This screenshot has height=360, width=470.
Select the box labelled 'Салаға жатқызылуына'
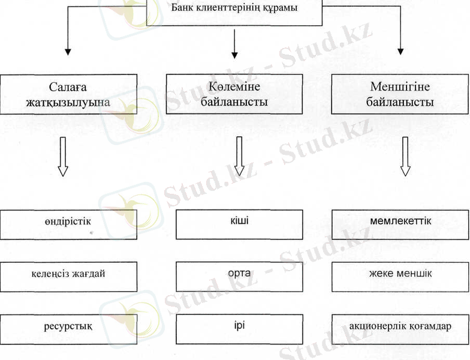pyautogui.click(x=68, y=94)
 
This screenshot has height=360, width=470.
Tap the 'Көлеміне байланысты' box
pyautogui.click(x=234, y=94)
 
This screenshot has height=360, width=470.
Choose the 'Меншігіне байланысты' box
pyautogui.click(x=400, y=94)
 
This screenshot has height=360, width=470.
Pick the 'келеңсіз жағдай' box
pyautogui.click(x=68, y=277)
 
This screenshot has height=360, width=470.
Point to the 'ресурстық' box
pyautogui.click(x=68, y=329)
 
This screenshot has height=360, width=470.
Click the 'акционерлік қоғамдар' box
pyautogui.click(x=400, y=329)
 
